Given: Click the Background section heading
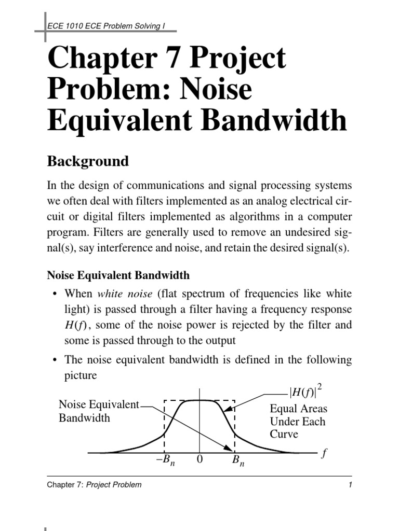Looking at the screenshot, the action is pos(88,161).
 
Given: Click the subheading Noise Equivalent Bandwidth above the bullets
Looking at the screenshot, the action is pos(118,275).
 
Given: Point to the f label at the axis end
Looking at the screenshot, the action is pos(325,453).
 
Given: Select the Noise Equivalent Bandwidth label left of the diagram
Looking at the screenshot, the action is pos(99,411).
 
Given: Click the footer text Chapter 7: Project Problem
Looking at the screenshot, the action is pos(94,485).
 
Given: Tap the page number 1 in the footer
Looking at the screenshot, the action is pos(351,485).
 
